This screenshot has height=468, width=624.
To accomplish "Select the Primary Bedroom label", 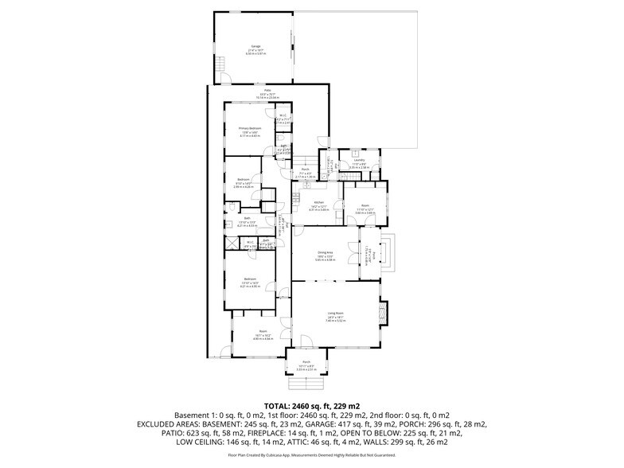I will coord(250,129).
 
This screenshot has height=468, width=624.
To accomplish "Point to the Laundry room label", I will coord(359,160).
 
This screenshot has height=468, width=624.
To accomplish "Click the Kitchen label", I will coord(318,203).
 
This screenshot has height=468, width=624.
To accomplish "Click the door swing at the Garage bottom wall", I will coord(225,78).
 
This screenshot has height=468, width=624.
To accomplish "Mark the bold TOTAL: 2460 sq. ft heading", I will coord(311,406).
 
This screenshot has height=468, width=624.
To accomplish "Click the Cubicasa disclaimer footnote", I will coord(311,455).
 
